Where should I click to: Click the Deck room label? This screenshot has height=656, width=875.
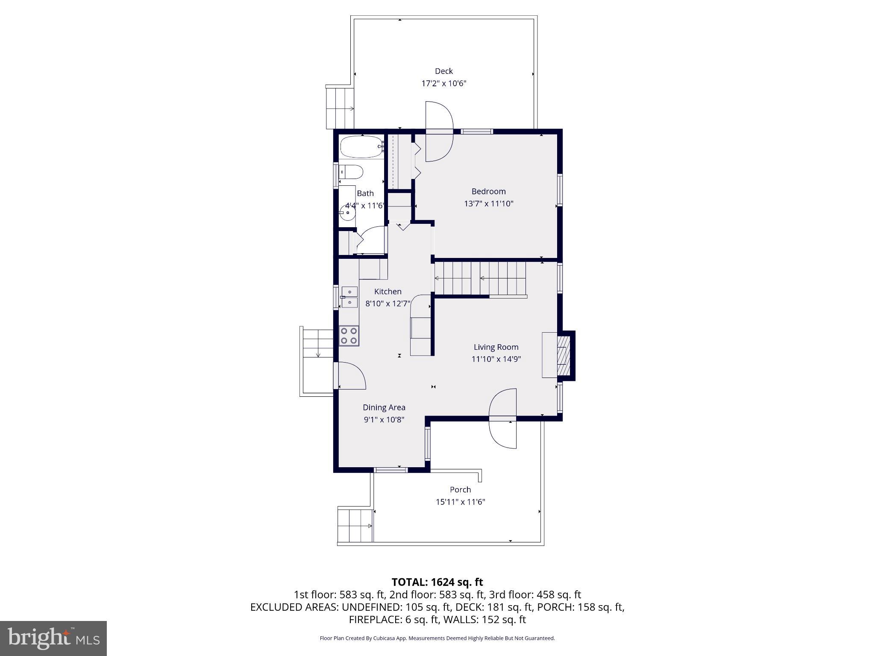coord(443,71)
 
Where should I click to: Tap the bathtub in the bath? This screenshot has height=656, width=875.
coord(361,147)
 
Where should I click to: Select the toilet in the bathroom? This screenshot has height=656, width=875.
coord(351,172)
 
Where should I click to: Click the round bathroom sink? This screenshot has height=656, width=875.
coord(347,212)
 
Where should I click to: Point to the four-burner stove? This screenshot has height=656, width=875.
coord(349,336)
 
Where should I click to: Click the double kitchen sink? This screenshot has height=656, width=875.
coord(349,297)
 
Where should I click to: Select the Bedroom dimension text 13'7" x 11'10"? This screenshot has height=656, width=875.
coord(488,204)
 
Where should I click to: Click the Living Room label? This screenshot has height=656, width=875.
coord(496,347)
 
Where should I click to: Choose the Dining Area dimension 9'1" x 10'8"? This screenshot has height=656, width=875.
coord(384,420)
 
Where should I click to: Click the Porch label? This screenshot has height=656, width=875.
coord(460,490)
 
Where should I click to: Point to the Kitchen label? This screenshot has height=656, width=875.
coord(388,292)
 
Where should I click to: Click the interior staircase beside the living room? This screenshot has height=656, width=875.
coord(480,278)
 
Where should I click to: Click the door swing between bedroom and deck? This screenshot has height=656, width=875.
coord(439,132)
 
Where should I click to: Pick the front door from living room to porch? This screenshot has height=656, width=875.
coord(502,419)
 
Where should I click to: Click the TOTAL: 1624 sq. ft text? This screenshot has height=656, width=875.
coord(437,582)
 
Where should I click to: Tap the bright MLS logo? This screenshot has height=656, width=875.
coord(53,638)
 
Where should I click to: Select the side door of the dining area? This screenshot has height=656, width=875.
coord(350,376)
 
